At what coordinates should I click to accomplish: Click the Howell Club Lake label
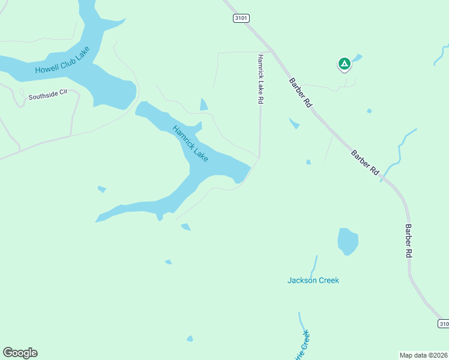pyautogui.click(x=62, y=61)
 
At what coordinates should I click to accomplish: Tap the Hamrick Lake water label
pyautogui.click(x=190, y=143)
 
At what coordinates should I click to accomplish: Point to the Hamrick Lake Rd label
pyautogui.click(x=261, y=80)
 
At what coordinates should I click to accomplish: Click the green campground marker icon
pyautogui.click(x=344, y=63)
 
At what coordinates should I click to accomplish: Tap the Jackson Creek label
pyautogui.click(x=313, y=280)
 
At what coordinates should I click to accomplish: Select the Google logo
pyautogui.click(x=20, y=353)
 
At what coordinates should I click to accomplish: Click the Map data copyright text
pyautogui.click(x=423, y=355)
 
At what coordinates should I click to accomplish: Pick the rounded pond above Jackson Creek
pyautogui.click(x=348, y=241)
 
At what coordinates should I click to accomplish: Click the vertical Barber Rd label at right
pyautogui.click(x=408, y=241)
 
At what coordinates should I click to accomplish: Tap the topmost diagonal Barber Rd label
pyautogui.click(x=301, y=92)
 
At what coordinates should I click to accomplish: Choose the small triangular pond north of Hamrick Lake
pyautogui.click(x=203, y=105)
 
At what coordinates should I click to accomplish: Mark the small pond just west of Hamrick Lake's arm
pyautogui.click(x=102, y=190)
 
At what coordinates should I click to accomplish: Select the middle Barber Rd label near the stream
pyautogui.click(x=365, y=162)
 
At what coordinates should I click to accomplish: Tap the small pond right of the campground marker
pyautogui.click(x=358, y=58)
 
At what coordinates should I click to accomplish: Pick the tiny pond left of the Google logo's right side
pyautogui.click(x=190, y=339)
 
